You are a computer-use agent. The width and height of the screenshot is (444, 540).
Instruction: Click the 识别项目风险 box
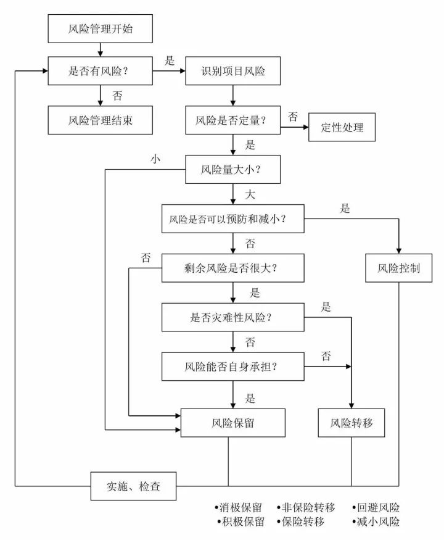tap(233, 71)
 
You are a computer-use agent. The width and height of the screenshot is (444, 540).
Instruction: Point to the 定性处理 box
tap(342, 128)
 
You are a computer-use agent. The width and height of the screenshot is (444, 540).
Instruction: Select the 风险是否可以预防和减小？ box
tap(233, 218)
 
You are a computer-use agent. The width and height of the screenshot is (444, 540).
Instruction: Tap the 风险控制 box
tap(398, 268)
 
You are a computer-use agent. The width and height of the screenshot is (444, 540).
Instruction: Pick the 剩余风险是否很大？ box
tap(233, 268)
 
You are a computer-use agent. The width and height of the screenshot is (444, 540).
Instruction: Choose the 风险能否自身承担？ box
tap(233, 366)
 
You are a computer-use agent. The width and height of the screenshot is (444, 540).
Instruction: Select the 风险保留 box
tap(233, 423)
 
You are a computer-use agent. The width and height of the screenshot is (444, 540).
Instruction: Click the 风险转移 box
tap(352, 423)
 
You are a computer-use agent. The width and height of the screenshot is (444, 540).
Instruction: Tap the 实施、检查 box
tap(133, 486)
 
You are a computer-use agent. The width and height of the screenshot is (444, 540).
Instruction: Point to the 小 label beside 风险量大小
tap(155, 159)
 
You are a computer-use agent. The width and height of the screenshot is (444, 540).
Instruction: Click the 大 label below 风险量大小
tap(250, 194)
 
